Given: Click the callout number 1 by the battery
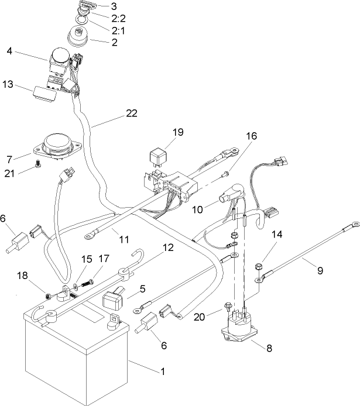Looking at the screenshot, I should (162, 371).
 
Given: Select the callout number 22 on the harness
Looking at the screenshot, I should (131, 113).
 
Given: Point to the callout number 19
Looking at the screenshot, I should (178, 132).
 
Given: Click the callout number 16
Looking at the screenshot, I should (251, 136).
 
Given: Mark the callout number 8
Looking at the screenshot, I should (269, 347).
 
